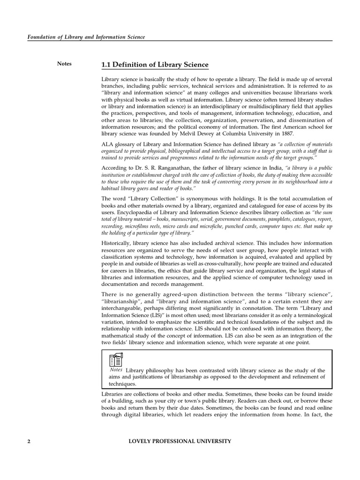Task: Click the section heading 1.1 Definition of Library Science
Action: click(155, 65)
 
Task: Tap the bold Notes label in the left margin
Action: click(64, 64)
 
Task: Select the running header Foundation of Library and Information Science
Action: click(85, 37)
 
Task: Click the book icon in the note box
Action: click(116, 360)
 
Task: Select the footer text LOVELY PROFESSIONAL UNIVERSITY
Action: click(180, 442)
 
